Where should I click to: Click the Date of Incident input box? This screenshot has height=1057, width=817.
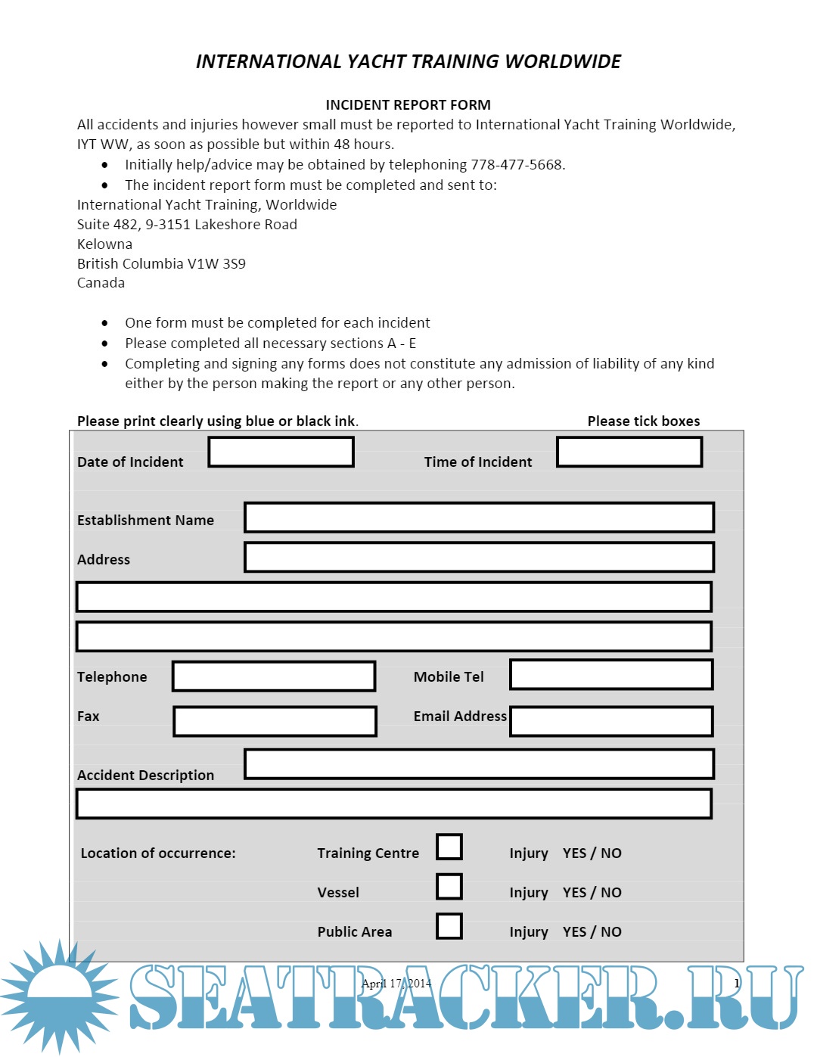coord(281,452)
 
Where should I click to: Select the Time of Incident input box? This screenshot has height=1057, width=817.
coord(629,452)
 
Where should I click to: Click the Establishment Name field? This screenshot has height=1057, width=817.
coord(479,518)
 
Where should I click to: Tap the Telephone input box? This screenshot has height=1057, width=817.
coord(274,676)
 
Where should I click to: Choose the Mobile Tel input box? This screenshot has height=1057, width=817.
coord(611,675)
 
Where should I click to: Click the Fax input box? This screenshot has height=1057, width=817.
coord(275,721)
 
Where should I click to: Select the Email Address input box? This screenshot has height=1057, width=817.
coord(611,721)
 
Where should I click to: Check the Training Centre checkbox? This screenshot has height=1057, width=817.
coord(449,847)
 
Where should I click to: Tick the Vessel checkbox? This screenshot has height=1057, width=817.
coord(449,886)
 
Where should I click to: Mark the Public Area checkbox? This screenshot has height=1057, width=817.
coord(449,925)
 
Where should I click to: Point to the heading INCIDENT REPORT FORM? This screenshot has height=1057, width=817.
coord(408,105)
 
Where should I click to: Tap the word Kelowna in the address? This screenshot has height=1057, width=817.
coord(104,244)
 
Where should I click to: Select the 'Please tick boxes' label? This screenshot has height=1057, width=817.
coord(644,421)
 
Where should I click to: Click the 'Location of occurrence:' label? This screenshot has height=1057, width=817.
coord(158,853)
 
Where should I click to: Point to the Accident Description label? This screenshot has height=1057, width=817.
coord(145,776)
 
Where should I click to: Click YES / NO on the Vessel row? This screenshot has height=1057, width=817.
coord(592,893)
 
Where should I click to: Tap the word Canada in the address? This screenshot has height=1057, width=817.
coord(101,283)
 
